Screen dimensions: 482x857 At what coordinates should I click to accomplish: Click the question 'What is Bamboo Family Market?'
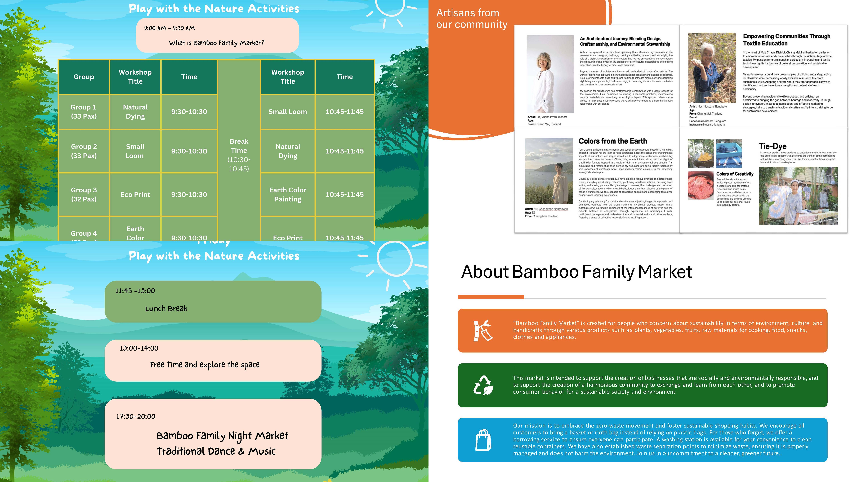pos(217,43)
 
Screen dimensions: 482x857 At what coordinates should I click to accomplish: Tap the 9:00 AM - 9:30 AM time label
pos(169,28)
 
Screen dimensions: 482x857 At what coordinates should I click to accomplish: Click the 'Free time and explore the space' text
pos(205,365)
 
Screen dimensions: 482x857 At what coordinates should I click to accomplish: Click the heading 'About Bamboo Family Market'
pos(576,272)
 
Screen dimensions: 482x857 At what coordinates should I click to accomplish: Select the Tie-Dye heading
pos(772,146)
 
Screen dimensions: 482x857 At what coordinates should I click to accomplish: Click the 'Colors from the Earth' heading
pos(612,141)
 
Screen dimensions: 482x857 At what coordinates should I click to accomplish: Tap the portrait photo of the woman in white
pos(550,74)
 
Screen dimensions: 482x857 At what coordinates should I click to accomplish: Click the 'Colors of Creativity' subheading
pos(735,174)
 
